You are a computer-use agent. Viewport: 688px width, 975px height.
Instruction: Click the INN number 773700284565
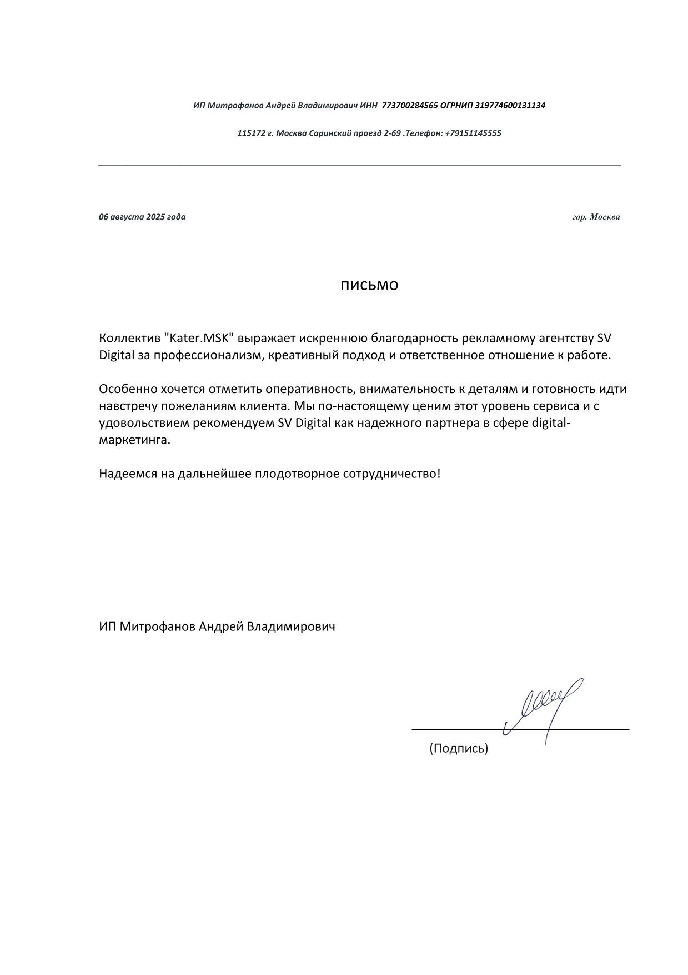(410, 105)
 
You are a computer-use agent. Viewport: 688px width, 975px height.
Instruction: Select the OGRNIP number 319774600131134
(510, 105)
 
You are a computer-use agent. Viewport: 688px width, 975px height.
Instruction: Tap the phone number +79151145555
(473, 133)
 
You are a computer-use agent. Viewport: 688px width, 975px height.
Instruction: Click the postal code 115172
(249, 133)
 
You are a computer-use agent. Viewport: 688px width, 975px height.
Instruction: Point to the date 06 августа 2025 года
(142, 217)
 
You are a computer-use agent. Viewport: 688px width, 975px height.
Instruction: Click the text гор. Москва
(596, 217)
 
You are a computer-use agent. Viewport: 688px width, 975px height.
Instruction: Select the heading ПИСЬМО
(369, 286)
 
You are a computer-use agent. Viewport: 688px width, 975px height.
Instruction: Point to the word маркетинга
(134, 440)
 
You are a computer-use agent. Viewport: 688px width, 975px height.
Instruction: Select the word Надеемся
(126, 474)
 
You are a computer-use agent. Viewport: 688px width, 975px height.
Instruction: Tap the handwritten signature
(544, 706)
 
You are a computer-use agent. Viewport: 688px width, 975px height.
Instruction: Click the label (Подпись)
(458, 748)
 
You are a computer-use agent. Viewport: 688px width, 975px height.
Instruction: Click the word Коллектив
(129, 338)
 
